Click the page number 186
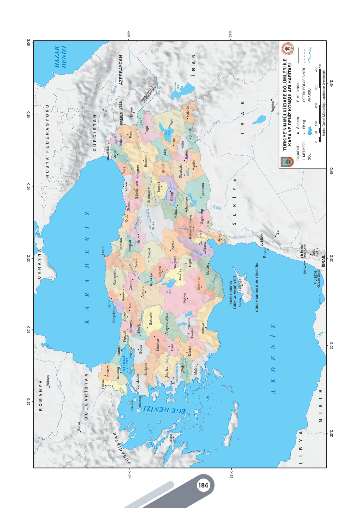(x=203, y=485)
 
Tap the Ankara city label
(x=143, y=292)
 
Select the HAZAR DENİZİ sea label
(x=60, y=57)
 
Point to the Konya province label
(x=184, y=298)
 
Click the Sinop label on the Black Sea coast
(x=104, y=250)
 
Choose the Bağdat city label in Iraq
(x=273, y=106)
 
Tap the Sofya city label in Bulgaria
(x=78, y=426)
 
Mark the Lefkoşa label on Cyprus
(x=240, y=284)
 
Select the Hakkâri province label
(x=187, y=111)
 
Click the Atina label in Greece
(x=171, y=437)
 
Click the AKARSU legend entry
(x=309, y=95)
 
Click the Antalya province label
(x=203, y=328)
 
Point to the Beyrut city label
(x=265, y=253)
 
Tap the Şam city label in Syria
(x=277, y=231)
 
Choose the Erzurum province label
(x=145, y=160)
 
